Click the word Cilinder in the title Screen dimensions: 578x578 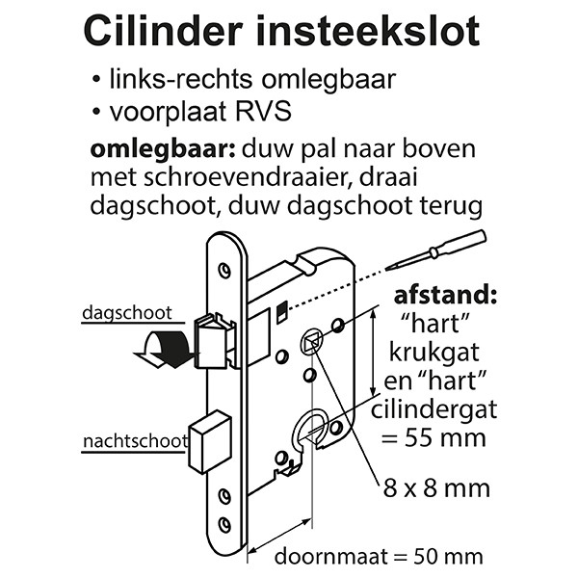point(164,31)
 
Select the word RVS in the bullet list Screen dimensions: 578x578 point(263,112)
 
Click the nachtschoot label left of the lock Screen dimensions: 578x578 point(135,441)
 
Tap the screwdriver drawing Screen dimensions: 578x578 point(436,250)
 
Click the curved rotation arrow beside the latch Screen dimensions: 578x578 point(164,349)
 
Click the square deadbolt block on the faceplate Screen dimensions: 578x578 point(210,442)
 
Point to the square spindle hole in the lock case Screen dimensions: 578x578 point(311,342)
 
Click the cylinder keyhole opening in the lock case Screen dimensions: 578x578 point(311,429)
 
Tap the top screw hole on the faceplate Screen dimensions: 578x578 point(224,271)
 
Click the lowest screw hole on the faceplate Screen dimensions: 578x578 point(224,524)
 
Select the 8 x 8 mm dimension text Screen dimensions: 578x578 point(436,488)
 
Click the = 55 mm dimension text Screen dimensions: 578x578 point(433,437)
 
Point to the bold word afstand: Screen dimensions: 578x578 point(445,296)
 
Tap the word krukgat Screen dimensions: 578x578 point(434,354)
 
